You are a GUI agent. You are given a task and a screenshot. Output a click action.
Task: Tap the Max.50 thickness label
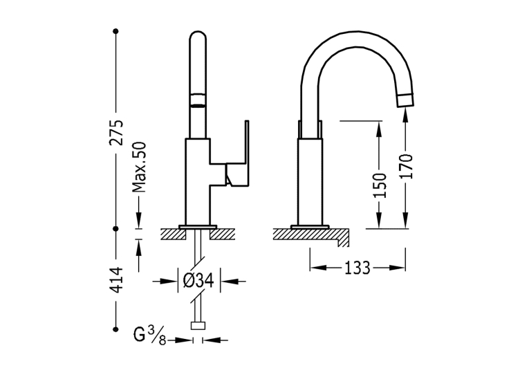coord(139,167)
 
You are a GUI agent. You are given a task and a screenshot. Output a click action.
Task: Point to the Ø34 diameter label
coord(198,280)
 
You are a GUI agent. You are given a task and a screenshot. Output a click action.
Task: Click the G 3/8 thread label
coord(149,335)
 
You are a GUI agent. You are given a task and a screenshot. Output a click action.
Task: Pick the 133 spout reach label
coord(358,268)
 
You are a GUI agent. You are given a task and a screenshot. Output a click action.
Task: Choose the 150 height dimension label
coord(379,185)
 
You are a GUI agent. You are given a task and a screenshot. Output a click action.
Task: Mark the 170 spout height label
coord(405,167)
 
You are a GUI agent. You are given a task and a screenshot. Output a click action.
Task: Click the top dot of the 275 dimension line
coord(115,31)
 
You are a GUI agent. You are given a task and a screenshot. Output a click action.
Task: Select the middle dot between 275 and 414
coord(115,228)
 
